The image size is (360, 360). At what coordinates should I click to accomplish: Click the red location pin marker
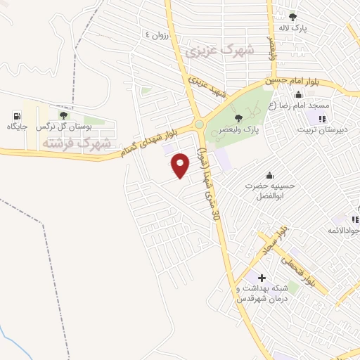(x=181, y=165)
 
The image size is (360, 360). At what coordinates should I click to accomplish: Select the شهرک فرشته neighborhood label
(x=77, y=143)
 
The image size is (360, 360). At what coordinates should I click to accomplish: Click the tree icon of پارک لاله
(x=293, y=17)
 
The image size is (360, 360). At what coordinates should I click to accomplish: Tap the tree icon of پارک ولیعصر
(x=238, y=118)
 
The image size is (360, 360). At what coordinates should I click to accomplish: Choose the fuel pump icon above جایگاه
(x=16, y=115)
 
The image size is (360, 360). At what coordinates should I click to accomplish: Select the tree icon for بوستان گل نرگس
(x=63, y=115)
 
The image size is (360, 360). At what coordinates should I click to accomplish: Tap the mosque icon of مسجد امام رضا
(x=300, y=95)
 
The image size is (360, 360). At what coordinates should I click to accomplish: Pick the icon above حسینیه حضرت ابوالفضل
(x=268, y=175)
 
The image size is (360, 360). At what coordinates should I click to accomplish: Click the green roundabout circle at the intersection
(x=199, y=125)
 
